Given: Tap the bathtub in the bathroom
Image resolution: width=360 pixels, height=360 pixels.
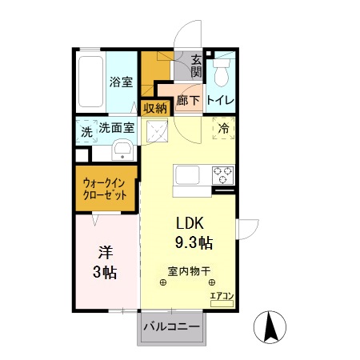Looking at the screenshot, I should pos(92,83).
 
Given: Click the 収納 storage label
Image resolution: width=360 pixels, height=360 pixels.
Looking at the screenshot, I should pos(154,108).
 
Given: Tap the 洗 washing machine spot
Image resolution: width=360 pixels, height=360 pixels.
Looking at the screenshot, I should pos(86,132).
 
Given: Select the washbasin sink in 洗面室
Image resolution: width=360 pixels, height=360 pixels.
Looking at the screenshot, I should pos(122,150).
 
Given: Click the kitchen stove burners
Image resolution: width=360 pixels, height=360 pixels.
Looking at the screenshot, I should pos(221,173).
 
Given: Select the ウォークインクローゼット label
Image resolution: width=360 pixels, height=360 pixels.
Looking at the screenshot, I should pos(106,188).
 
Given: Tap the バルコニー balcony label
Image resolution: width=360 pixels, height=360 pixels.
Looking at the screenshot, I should pos(171,326).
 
